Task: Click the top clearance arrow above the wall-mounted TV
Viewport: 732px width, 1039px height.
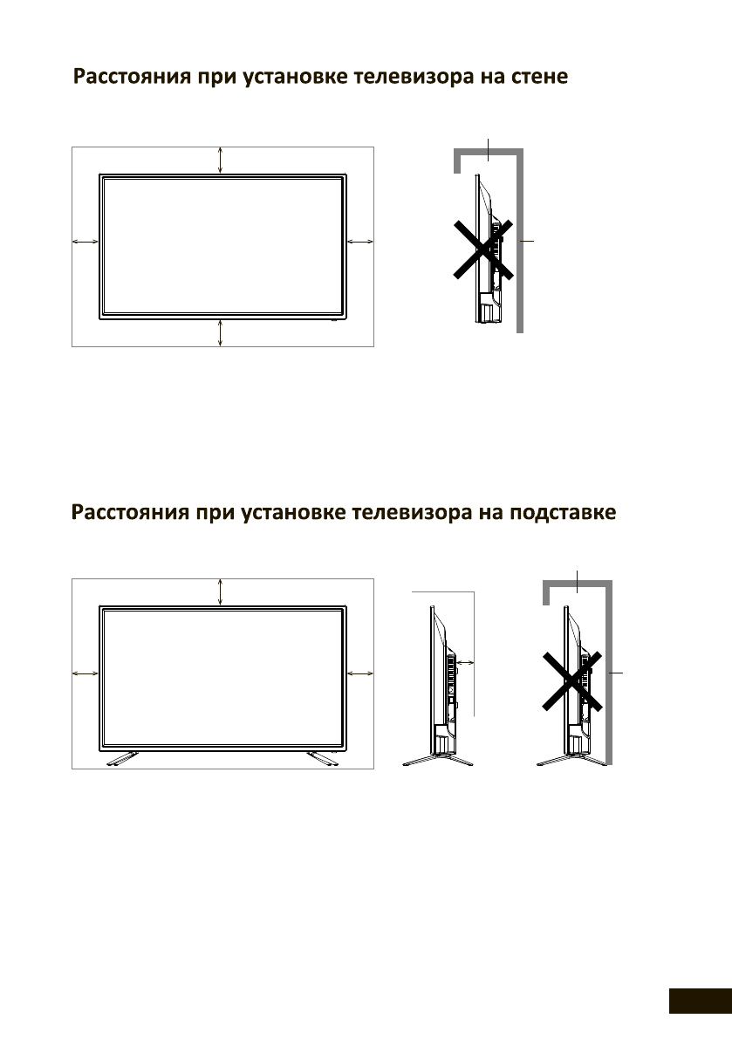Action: pos(222,161)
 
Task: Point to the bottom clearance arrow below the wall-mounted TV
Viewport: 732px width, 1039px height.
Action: pos(222,334)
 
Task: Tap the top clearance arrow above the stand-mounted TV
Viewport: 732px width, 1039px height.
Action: pos(222,591)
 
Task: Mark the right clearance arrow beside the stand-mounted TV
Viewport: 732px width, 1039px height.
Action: pos(359,673)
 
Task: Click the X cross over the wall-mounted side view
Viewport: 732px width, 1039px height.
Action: pos(482,249)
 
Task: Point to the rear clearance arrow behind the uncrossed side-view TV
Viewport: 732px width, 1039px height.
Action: pos(465,664)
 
